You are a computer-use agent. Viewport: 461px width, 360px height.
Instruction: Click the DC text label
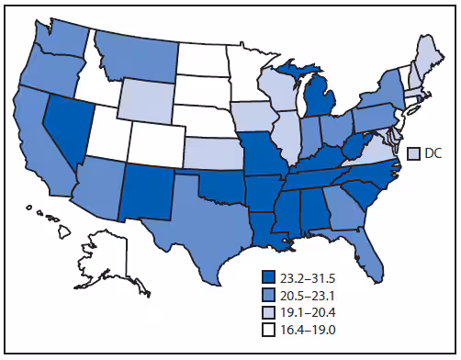click(x=434, y=152)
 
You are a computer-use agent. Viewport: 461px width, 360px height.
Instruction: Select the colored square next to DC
click(x=413, y=152)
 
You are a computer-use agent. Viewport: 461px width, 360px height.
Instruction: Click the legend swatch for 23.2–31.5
click(x=267, y=275)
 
